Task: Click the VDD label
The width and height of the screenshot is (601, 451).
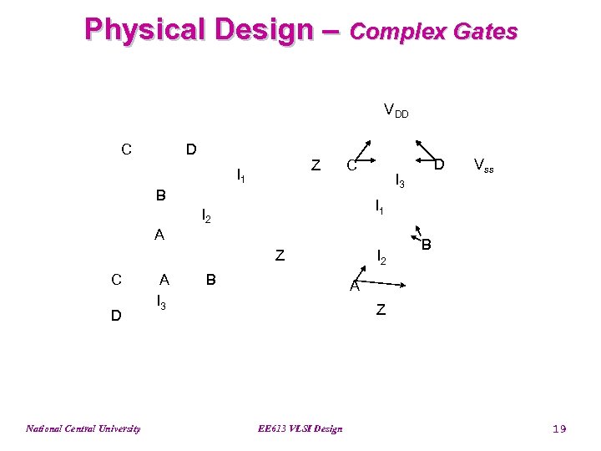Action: pos(395,109)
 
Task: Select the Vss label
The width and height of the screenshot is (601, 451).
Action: pos(483,165)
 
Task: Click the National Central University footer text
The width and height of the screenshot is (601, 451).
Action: pos(83,428)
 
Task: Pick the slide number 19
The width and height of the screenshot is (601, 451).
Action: pos(559,428)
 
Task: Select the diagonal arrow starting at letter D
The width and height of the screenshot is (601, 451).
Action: pos(426,148)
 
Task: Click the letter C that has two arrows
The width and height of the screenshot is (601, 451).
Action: pos(351,165)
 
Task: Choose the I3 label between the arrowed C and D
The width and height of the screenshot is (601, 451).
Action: pos(400,180)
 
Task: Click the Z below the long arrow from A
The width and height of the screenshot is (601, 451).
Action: pos(381,311)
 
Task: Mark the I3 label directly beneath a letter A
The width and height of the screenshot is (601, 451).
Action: pos(162,300)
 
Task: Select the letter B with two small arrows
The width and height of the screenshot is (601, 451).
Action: pos(427,246)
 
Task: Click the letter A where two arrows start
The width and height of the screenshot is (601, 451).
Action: pos(354,286)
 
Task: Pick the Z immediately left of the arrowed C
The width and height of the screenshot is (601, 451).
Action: pos(315,165)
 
